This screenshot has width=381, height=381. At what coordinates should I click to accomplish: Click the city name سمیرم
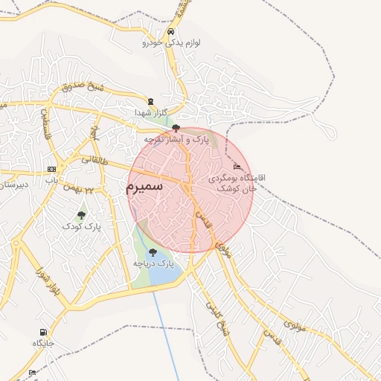[x=144, y=188]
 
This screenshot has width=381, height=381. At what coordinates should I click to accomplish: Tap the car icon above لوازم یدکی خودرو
[x=172, y=32]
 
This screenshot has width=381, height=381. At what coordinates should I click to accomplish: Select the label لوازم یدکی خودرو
[x=172, y=43]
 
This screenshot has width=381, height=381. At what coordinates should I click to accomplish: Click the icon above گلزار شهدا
[x=152, y=101]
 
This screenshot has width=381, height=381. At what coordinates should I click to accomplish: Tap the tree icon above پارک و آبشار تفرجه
[x=176, y=128]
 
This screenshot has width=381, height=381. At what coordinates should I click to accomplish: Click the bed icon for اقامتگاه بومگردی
[x=237, y=166]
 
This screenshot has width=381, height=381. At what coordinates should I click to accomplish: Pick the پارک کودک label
[x=80, y=225]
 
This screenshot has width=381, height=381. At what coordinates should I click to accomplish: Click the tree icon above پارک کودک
[x=81, y=215]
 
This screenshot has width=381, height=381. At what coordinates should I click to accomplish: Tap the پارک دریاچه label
[x=153, y=263]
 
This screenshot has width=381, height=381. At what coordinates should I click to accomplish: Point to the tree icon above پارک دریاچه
[x=153, y=252]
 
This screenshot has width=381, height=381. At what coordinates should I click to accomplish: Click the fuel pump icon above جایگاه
[x=43, y=333]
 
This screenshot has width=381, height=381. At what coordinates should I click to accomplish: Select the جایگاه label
[x=43, y=343]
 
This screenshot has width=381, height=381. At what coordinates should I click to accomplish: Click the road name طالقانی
[x=95, y=160]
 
